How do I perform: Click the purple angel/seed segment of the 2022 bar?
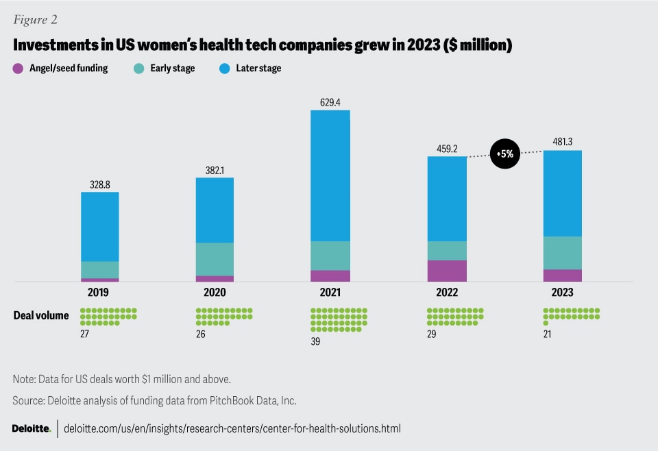tap(447, 271)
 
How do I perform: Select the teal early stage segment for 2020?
tap(215, 259)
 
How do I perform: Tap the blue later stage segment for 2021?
tap(330, 175)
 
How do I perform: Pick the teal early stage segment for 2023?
tap(562, 253)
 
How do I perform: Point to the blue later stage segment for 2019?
tap(100, 226)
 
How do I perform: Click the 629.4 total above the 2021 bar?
tap(330, 101)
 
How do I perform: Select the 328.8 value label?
tap(100, 184)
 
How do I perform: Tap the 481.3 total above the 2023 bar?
tap(562, 142)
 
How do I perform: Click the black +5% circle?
tap(506, 154)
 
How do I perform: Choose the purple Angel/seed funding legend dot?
tap(18, 69)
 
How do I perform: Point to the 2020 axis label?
tap(215, 292)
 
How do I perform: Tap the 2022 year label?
tap(446, 292)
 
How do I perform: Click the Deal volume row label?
tap(41, 315)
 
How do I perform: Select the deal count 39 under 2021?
tap(315, 341)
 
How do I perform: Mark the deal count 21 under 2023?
tap(547, 334)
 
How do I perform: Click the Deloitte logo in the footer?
tap(31, 428)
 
